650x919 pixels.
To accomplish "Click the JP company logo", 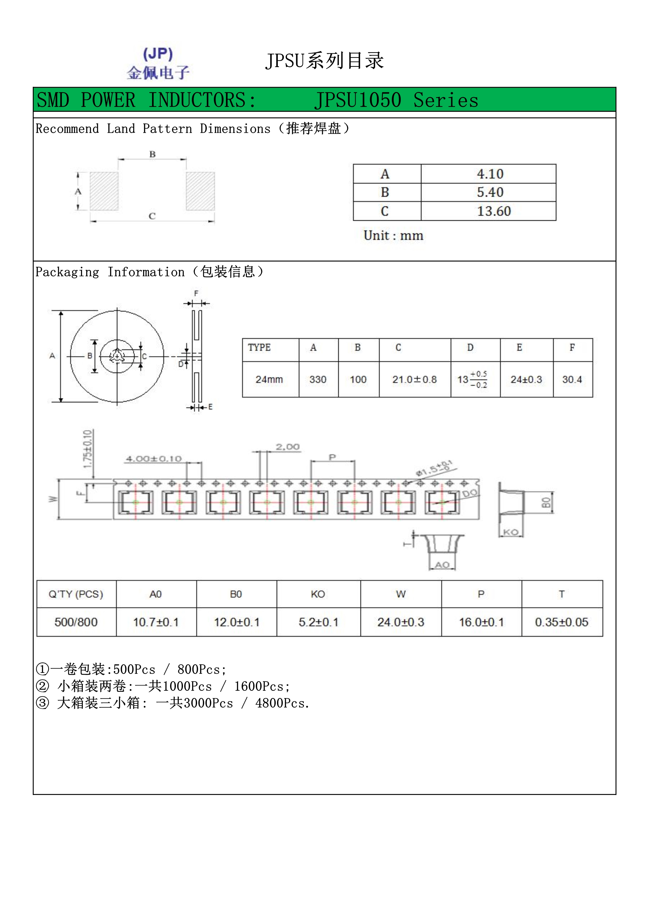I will pos(158,63).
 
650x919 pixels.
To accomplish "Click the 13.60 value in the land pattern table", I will pos(494,211).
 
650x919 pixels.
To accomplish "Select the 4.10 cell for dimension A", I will pos(490,174).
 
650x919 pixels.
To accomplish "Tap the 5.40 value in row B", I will pos(490,193).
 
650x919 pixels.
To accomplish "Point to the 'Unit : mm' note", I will pos(393,235).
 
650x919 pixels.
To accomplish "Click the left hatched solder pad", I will pos(104,191).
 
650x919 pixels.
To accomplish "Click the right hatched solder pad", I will pos(200,191).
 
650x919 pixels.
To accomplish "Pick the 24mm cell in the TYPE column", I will pos(269,379).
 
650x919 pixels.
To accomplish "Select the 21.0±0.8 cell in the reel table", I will pos(414,379).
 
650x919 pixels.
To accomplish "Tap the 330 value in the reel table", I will pos(318,379).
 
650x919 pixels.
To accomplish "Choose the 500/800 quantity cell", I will pos(76,622).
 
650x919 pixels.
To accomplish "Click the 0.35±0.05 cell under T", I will pos(562,622).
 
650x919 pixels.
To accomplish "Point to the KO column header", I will pos(318,594).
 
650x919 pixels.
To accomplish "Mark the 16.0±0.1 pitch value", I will pos(481,622).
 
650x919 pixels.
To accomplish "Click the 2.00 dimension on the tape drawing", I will pos(287,447).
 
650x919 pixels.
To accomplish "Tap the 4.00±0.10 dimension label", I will pos(154,459).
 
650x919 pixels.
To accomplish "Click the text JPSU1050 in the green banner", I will pos(358,100).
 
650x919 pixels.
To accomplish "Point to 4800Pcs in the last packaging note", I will pos(282,703).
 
